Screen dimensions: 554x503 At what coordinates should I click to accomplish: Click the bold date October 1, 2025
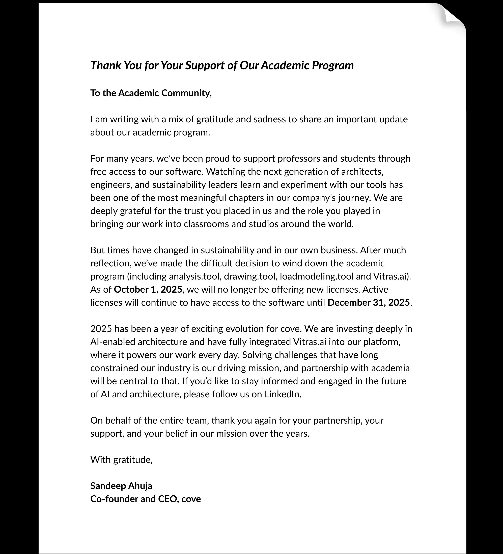click(148, 290)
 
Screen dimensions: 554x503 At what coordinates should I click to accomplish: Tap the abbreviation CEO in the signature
click(167, 499)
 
